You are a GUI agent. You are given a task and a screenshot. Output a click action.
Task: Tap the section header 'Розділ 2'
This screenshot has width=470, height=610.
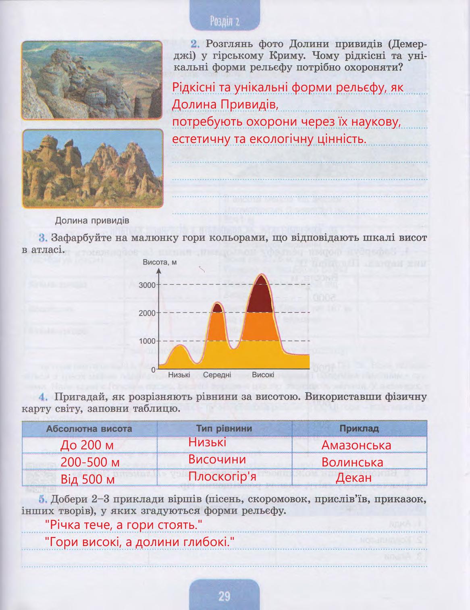225,21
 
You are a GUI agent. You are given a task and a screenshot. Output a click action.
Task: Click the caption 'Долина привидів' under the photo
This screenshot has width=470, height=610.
92,220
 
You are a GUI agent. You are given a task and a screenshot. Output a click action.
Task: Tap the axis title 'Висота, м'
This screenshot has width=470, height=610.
160,263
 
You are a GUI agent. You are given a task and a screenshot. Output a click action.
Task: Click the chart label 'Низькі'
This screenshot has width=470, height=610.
179,375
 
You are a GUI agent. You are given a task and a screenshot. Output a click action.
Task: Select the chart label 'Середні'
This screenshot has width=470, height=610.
217,375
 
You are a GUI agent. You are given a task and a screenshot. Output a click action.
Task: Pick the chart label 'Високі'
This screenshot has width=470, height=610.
263,375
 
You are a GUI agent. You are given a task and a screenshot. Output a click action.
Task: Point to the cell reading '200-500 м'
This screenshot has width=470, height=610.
90,462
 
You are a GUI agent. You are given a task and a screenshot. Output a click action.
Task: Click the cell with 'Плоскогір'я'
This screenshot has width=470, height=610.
223,477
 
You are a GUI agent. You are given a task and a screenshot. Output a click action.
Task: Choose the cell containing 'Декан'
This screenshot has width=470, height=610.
354,478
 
